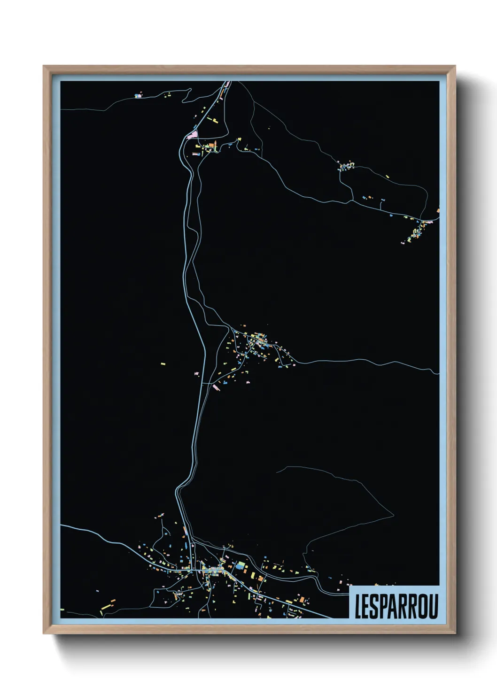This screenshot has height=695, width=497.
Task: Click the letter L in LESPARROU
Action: tap(359, 606)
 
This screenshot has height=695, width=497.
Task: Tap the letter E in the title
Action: tap(368, 606)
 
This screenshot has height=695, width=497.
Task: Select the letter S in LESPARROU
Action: tap(377, 606)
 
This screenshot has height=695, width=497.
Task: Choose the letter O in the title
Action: tap(424, 606)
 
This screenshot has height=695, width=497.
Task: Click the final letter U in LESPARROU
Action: tap(434, 606)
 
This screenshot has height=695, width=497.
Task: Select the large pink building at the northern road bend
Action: tap(192, 135)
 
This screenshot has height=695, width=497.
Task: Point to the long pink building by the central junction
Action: tap(217, 387)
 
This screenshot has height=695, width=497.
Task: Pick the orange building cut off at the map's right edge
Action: tap(438, 211)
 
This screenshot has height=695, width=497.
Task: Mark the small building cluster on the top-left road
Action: tap(138, 96)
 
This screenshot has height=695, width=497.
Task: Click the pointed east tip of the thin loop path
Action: tap(394, 516)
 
